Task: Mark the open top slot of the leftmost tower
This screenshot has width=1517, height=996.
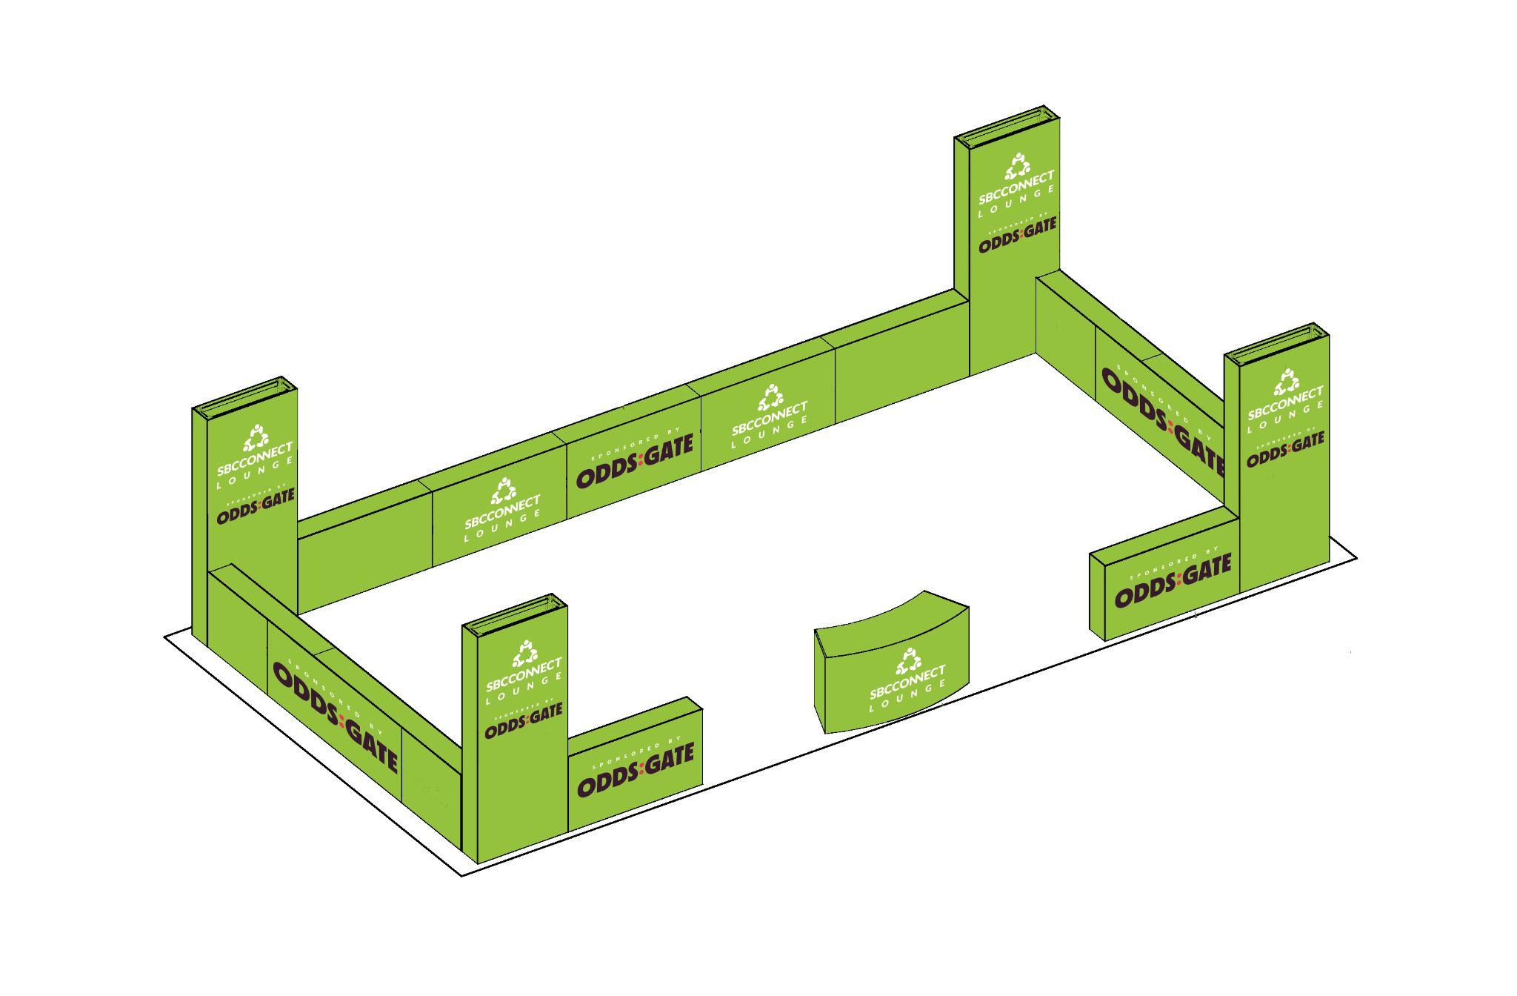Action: tap(246, 392)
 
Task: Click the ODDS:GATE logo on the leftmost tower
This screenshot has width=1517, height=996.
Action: tap(256, 506)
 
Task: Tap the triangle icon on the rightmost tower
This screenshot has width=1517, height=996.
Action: tap(1286, 383)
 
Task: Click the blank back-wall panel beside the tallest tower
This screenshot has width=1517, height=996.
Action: tap(902, 382)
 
